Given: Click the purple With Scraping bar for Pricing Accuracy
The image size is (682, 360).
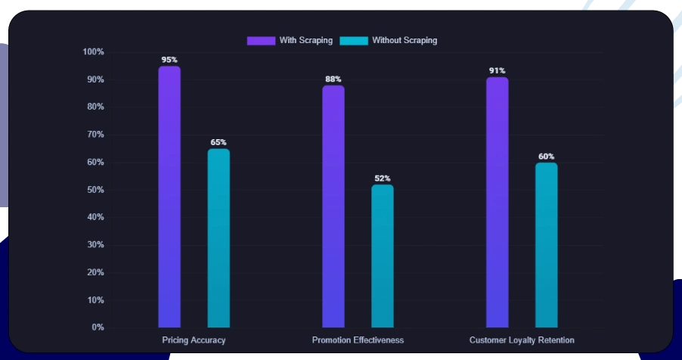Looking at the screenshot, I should coord(169,197).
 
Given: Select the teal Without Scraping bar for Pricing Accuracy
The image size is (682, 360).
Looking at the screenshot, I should coord(219,238).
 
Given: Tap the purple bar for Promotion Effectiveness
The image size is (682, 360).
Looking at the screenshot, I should coord(333,206).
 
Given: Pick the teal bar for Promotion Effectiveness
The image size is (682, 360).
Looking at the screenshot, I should coord(383,256).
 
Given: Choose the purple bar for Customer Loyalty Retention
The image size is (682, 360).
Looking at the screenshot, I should coord(498,202).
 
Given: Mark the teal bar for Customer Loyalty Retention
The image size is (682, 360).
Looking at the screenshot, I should coord(547,245).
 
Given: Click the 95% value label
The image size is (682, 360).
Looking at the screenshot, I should coord(169,59).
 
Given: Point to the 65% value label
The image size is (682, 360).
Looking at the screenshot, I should coord(219,142).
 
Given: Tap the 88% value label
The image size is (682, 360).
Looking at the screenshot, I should coord(333,79).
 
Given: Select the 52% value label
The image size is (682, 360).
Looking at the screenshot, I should coord(383,178).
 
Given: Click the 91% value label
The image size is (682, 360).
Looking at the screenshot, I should coord(498,70).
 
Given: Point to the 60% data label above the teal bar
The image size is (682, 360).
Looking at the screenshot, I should coord(547,157).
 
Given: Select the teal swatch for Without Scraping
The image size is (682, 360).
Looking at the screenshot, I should coord(354,40).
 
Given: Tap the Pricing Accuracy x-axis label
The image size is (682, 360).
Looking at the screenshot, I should coord(194,340).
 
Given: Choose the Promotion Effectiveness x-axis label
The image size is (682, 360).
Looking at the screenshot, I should coord(358,340).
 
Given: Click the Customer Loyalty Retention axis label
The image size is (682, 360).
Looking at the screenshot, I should coord(522,340).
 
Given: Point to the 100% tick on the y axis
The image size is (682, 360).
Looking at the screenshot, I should coord(93,52).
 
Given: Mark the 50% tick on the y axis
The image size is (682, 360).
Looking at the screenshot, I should coord(95,190).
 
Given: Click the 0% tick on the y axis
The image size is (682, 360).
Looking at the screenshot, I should coord(98,327).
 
